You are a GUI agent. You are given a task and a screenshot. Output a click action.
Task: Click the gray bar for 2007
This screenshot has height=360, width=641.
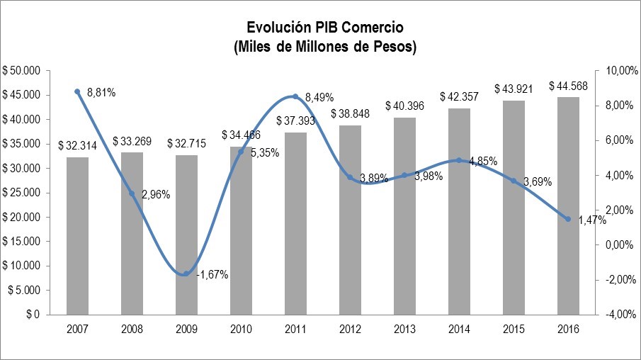[77, 235]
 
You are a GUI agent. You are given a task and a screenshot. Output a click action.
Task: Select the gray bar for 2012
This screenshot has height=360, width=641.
[350, 220]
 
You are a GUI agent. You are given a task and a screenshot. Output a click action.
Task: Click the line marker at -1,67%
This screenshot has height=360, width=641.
[186, 274]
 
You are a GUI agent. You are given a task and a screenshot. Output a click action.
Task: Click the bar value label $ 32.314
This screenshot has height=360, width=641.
[77, 146]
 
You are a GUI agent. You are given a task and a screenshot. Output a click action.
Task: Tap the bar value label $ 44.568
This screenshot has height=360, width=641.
[568, 86]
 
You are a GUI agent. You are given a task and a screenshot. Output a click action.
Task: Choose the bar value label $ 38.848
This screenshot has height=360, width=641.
[350, 113]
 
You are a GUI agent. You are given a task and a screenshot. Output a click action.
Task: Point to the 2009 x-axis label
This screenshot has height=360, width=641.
[186, 329]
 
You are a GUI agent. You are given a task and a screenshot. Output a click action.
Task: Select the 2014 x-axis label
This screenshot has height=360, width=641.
[459, 329]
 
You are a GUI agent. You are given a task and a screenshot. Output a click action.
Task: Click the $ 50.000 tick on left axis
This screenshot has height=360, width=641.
[23, 71]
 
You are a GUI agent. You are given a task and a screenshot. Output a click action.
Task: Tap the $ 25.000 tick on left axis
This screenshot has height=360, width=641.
[23, 193]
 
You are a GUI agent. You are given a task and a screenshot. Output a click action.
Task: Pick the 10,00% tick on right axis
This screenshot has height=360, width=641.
[613, 71]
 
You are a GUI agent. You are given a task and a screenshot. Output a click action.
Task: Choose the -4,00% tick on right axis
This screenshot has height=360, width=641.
[613, 315]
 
